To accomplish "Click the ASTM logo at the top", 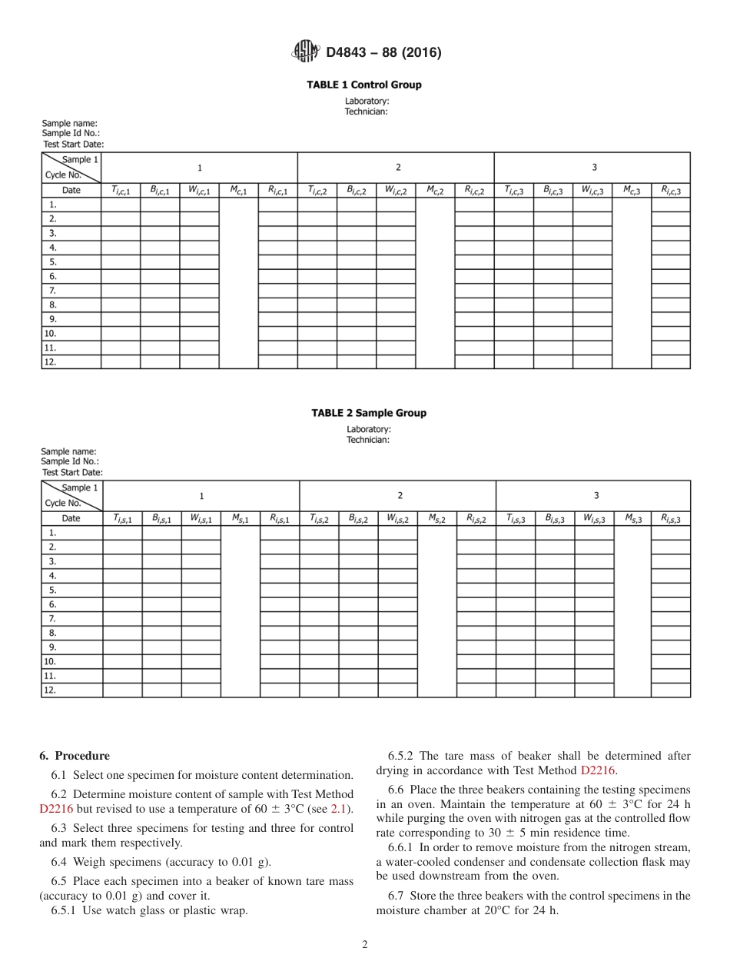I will (x=306, y=52).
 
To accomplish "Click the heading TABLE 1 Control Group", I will (x=364, y=85).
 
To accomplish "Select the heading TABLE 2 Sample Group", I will (x=368, y=413).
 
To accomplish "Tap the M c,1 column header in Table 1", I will (x=238, y=190).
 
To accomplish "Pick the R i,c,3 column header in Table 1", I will (x=670, y=190).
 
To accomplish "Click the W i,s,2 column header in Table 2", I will (x=397, y=518).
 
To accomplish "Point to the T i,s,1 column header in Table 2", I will (x=122, y=518).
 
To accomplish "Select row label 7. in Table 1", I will (x=53, y=291).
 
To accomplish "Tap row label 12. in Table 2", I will (x=50, y=690).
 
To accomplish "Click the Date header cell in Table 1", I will (x=71, y=190).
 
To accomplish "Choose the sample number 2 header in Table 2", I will (x=399, y=496).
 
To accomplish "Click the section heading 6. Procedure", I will (x=75, y=756).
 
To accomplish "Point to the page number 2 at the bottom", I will (x=365, y=945).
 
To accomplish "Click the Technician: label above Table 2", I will (x=367, y=440).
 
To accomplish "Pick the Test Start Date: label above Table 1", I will (x=73, y=144).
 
